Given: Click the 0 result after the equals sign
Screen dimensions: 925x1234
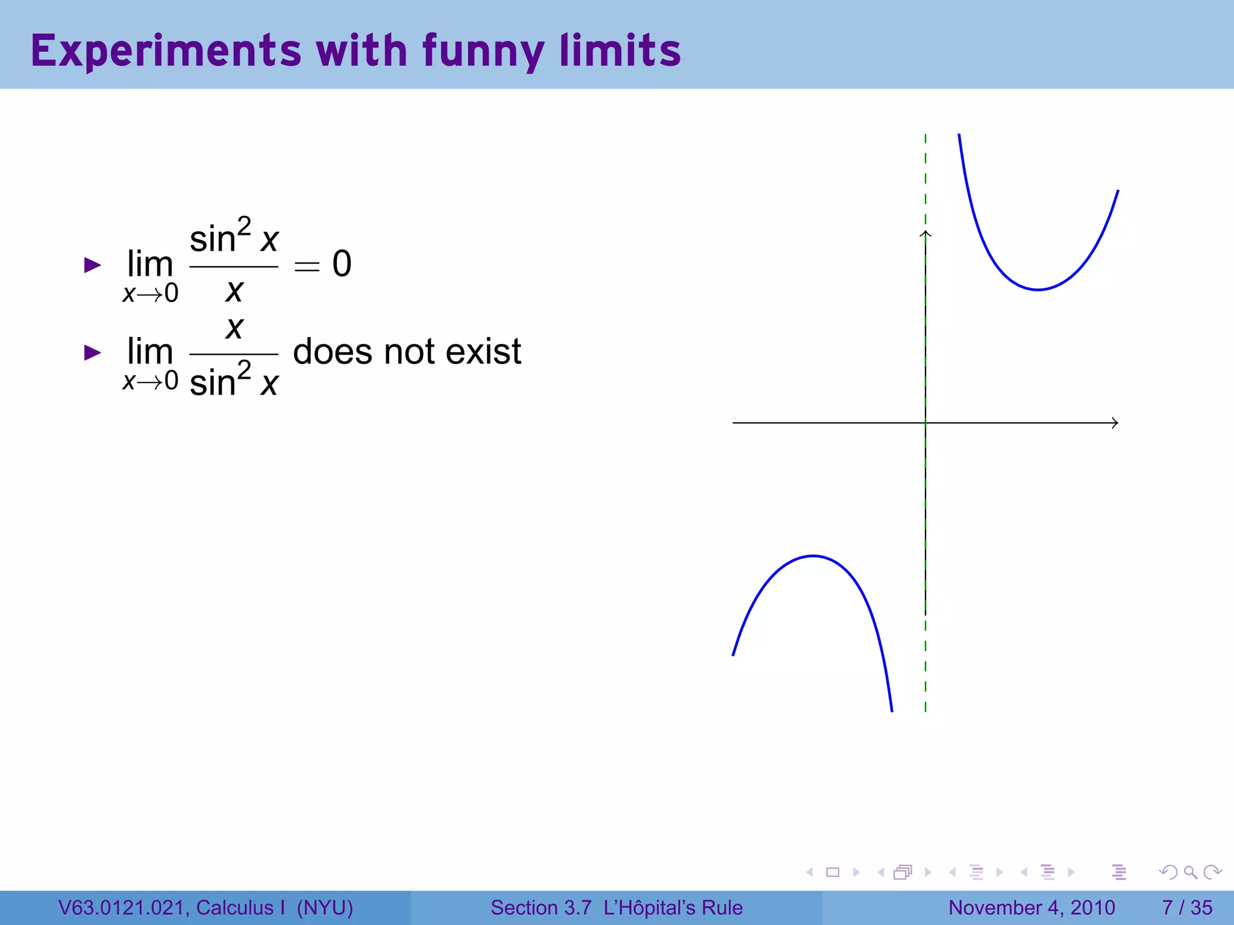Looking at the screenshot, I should pos(342,264).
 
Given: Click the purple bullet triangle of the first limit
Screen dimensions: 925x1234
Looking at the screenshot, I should pos(92,265).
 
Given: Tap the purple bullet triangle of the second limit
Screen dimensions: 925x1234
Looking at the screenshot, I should pos(92,352).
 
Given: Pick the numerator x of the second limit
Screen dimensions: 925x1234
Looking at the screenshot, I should pos(234,328).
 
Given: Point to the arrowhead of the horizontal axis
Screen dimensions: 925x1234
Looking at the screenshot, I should pos(1115,423).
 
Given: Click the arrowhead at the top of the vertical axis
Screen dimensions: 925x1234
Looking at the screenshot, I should pos(925,234).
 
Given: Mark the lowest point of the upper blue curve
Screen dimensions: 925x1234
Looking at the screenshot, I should pos(1038,290).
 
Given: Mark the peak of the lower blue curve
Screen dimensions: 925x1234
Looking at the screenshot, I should pos(813,556).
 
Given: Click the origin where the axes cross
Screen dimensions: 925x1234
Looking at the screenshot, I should pos(925,423).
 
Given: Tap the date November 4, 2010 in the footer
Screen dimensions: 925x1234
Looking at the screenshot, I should pos(1032,908).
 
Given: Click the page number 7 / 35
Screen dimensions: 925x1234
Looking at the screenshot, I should pos(1186,908).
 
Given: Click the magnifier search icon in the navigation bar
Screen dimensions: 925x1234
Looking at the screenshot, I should pos(1190,872).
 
